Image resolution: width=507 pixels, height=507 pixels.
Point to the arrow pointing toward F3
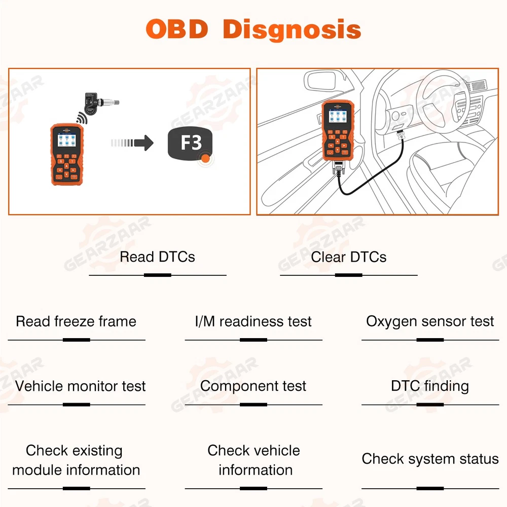(133, 142)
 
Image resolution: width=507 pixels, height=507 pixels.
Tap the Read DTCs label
(157, 257)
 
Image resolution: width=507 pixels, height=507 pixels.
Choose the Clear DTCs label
(349, 257)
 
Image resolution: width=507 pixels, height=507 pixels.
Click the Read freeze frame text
(76, 321)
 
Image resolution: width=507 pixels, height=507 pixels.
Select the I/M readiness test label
(253, 321)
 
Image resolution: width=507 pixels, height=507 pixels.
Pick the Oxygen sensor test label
(430, 321)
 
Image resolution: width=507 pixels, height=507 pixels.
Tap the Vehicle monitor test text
(80, 386)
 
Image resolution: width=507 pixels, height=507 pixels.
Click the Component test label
(253, 386)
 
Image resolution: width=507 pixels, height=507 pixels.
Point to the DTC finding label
(430, 386)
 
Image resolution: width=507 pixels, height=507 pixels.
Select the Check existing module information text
(76, 460)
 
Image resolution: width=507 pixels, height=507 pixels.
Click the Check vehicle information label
(254, 460)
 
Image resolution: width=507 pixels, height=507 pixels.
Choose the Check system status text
(430, 459)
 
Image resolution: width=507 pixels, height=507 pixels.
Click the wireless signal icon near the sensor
(81, 118)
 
